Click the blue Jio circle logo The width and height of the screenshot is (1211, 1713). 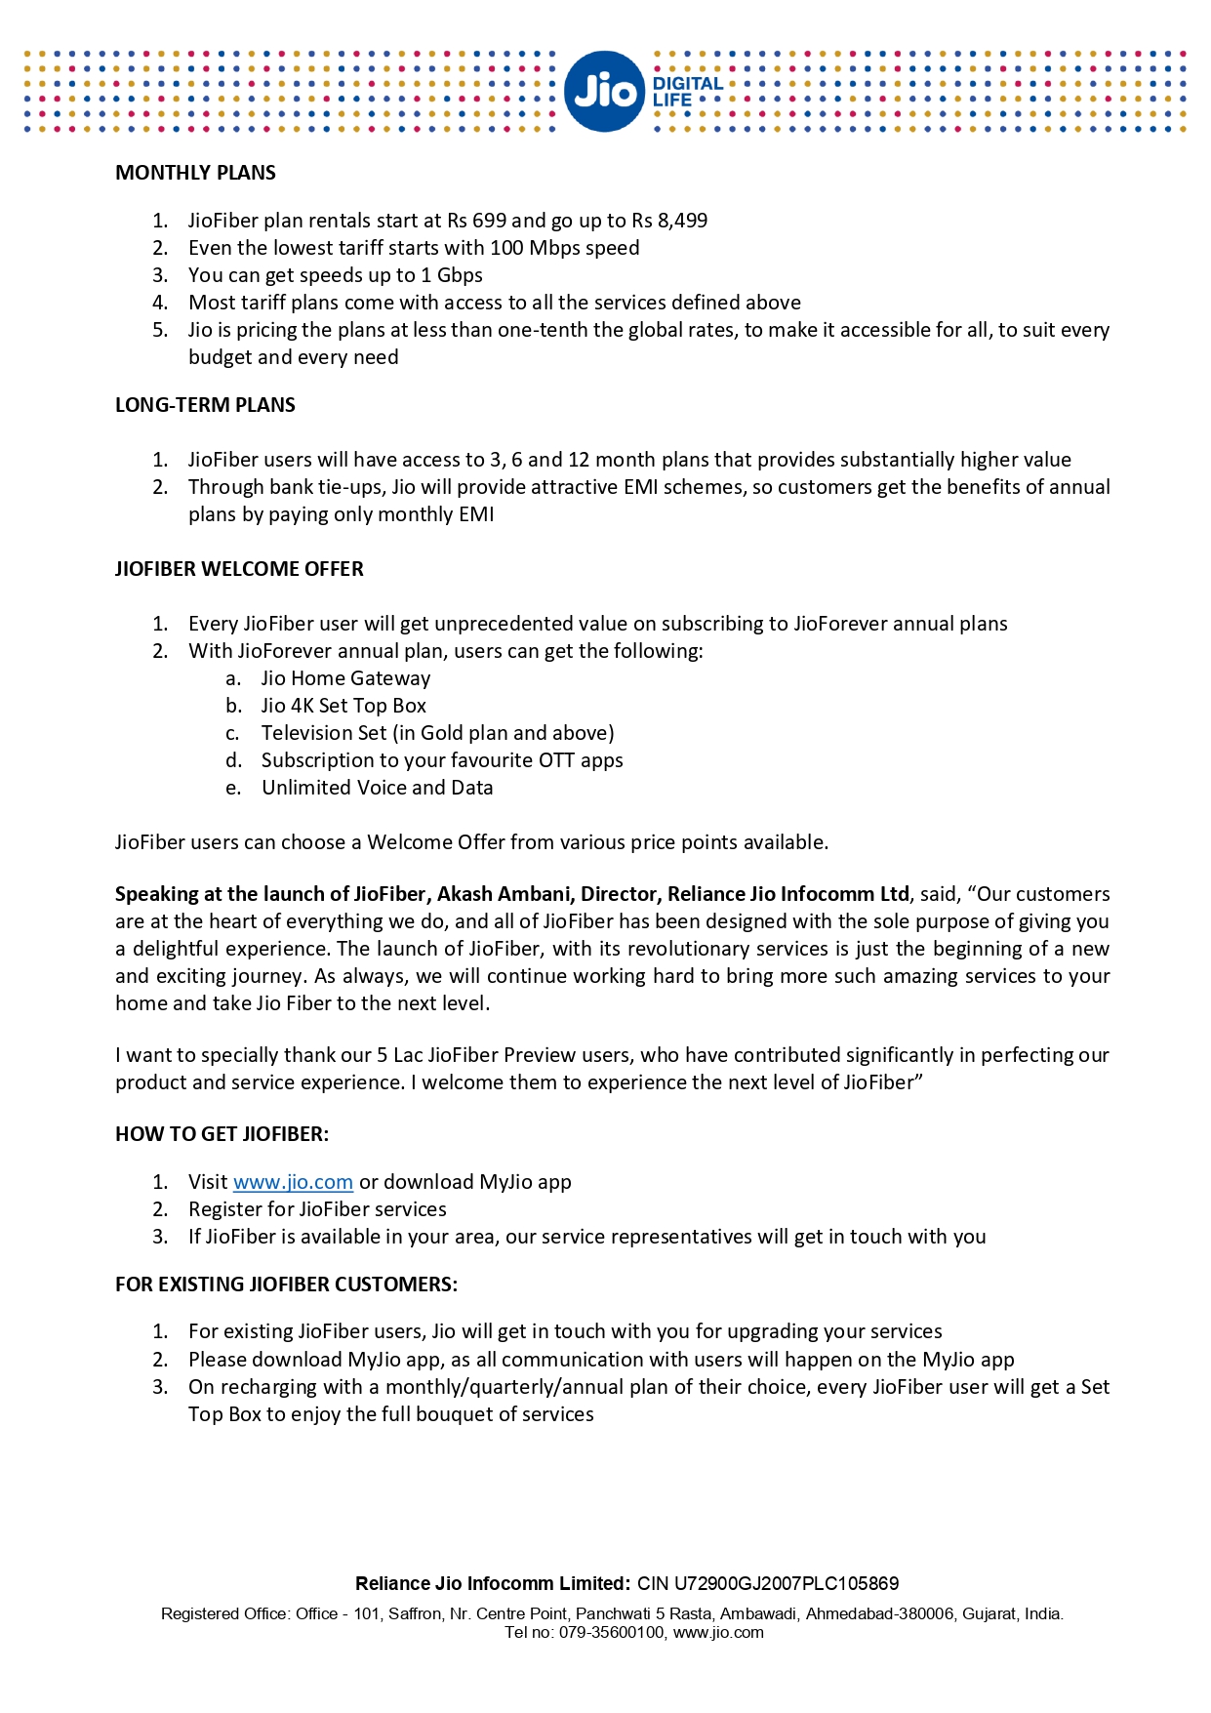pyautogui.click(x=604, y=92)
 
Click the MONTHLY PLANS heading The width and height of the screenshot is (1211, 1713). pyautogui.click(x=195, y=173)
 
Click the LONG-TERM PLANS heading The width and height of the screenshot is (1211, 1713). pyautogui.click(x=205, y=405)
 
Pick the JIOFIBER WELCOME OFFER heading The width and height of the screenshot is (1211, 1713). pyautogui.click(x=239, y=569)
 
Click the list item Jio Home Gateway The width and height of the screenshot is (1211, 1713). pyautogui.click(x=345, y=678)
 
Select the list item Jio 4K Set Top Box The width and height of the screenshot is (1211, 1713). pyautogui.click(x=343, y=706)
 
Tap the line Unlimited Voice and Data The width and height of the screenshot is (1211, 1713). pyautogui.click(x=377, y=788)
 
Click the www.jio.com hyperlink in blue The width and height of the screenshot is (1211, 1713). pyautogui.click(x=293, y=1182)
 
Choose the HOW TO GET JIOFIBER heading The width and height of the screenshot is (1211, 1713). pyautogui.click(x=222, y=1134)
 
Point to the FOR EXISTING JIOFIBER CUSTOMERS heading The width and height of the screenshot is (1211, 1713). pyautogui.click(x=286, y=1285)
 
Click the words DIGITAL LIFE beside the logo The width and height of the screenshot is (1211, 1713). pyautogui.click(x=687, y=92)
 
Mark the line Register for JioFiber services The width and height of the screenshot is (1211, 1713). pyautogui.click(x=317, y=1209)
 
